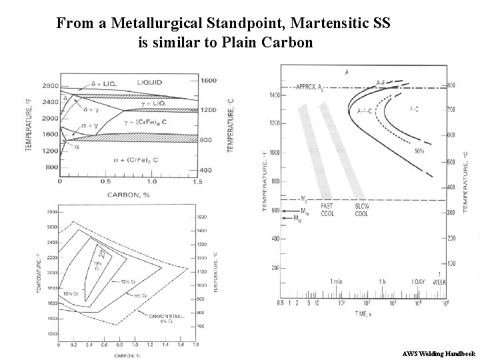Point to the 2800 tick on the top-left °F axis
(51, 87)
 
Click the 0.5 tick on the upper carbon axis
(105, 181)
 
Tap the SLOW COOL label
(361, 211)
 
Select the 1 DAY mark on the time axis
(415, 281)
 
